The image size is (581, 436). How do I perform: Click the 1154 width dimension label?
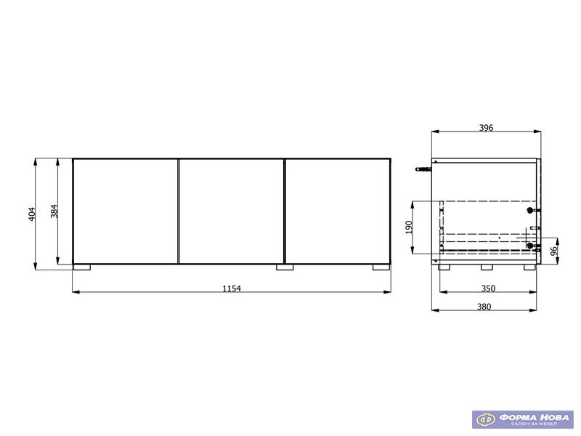point(232,288)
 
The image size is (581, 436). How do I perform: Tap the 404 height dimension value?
point(32,214)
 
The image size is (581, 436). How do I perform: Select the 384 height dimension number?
point(54,211)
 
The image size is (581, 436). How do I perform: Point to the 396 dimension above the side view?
point(486,128)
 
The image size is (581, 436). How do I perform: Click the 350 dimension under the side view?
point(488,288)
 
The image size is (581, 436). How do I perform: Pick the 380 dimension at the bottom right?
point(484,307)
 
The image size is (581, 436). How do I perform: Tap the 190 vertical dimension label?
point(409,227)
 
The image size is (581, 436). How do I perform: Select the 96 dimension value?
point(554,251)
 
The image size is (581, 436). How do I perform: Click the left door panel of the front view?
point(126,211)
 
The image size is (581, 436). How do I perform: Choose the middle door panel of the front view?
point(232,211)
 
